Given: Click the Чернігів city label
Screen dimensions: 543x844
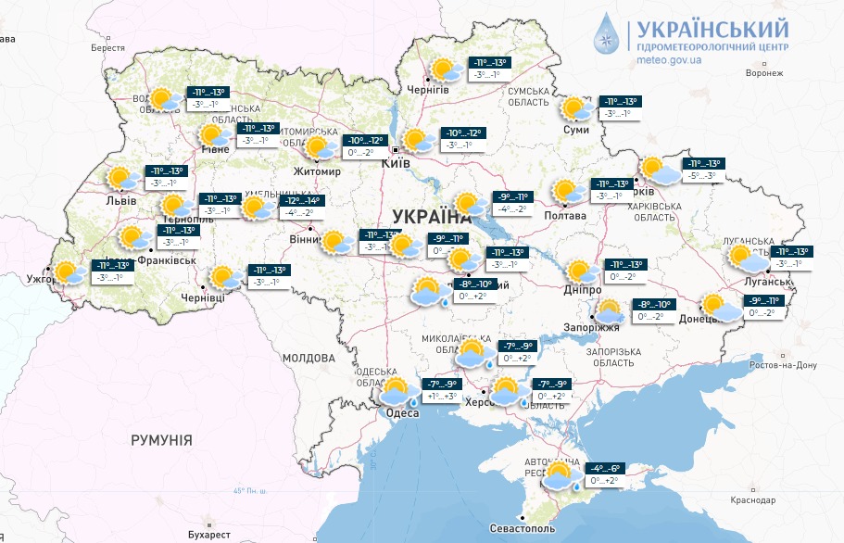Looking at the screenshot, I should pos(428,89).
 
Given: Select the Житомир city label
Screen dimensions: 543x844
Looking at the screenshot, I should pos(317,171).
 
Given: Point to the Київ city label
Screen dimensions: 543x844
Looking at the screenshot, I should pos(397,163).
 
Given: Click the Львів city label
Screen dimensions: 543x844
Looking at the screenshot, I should pos(121,200).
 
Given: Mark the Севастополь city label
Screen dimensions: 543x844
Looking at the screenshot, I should pos(523,528).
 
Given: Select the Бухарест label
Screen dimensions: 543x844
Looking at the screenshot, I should pos(208,535).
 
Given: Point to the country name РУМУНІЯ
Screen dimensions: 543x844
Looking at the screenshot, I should pos(161,439).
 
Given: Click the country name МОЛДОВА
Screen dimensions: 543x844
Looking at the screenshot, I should pos(309,358).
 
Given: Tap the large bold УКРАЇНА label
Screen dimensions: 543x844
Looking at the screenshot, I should pos(432,217).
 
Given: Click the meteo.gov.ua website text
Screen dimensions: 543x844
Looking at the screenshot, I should pos(670,60).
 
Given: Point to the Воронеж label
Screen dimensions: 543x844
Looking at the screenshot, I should pos(764,72).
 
